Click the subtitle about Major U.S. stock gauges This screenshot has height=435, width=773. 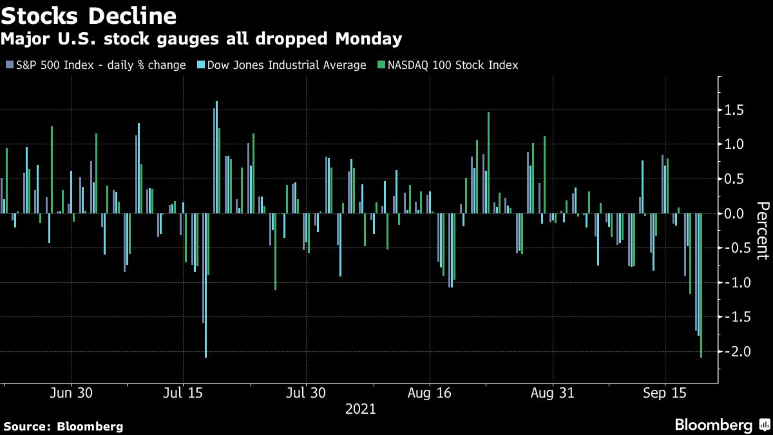202,39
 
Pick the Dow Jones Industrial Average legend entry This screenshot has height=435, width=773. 287,65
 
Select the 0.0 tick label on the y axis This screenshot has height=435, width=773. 734,213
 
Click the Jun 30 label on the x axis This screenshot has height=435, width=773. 70,392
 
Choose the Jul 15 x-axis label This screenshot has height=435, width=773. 184,392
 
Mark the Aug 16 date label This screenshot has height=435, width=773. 428,392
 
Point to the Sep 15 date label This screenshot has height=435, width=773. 665,392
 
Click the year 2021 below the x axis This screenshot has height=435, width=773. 361,409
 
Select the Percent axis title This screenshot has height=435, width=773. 762,231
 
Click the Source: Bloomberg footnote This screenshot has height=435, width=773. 62,426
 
